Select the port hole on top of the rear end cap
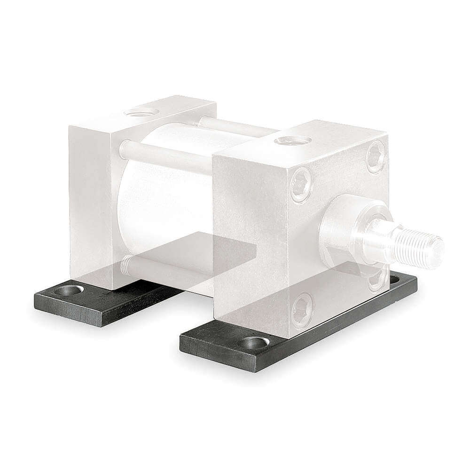tap(140, 111)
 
